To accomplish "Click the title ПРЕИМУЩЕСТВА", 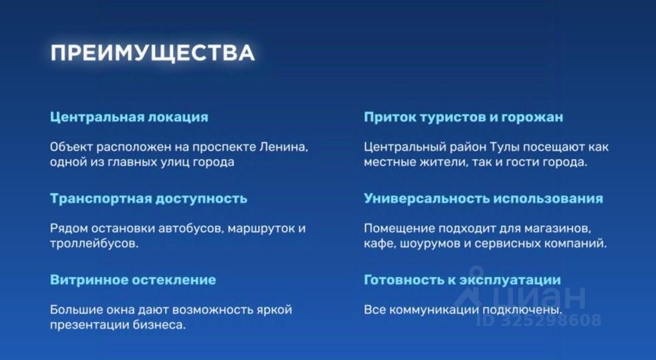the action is click(x=152, y=53).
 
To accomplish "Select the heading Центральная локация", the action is click(x=129, y=117).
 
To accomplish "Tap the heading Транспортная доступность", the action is click(x=148, y=198).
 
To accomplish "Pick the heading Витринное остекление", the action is click(x=133, y=279).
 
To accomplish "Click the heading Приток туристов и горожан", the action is click(x=463, y=117).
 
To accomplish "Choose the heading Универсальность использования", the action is click(x=483, y=198).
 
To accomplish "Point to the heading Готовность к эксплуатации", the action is click(x=462, y=280).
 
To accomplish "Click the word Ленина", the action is click(x=283, y=147).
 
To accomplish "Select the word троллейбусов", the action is click(x=94, y=243).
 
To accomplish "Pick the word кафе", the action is click(x=379, y=243).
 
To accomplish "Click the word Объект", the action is click(x=71, y=147).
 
